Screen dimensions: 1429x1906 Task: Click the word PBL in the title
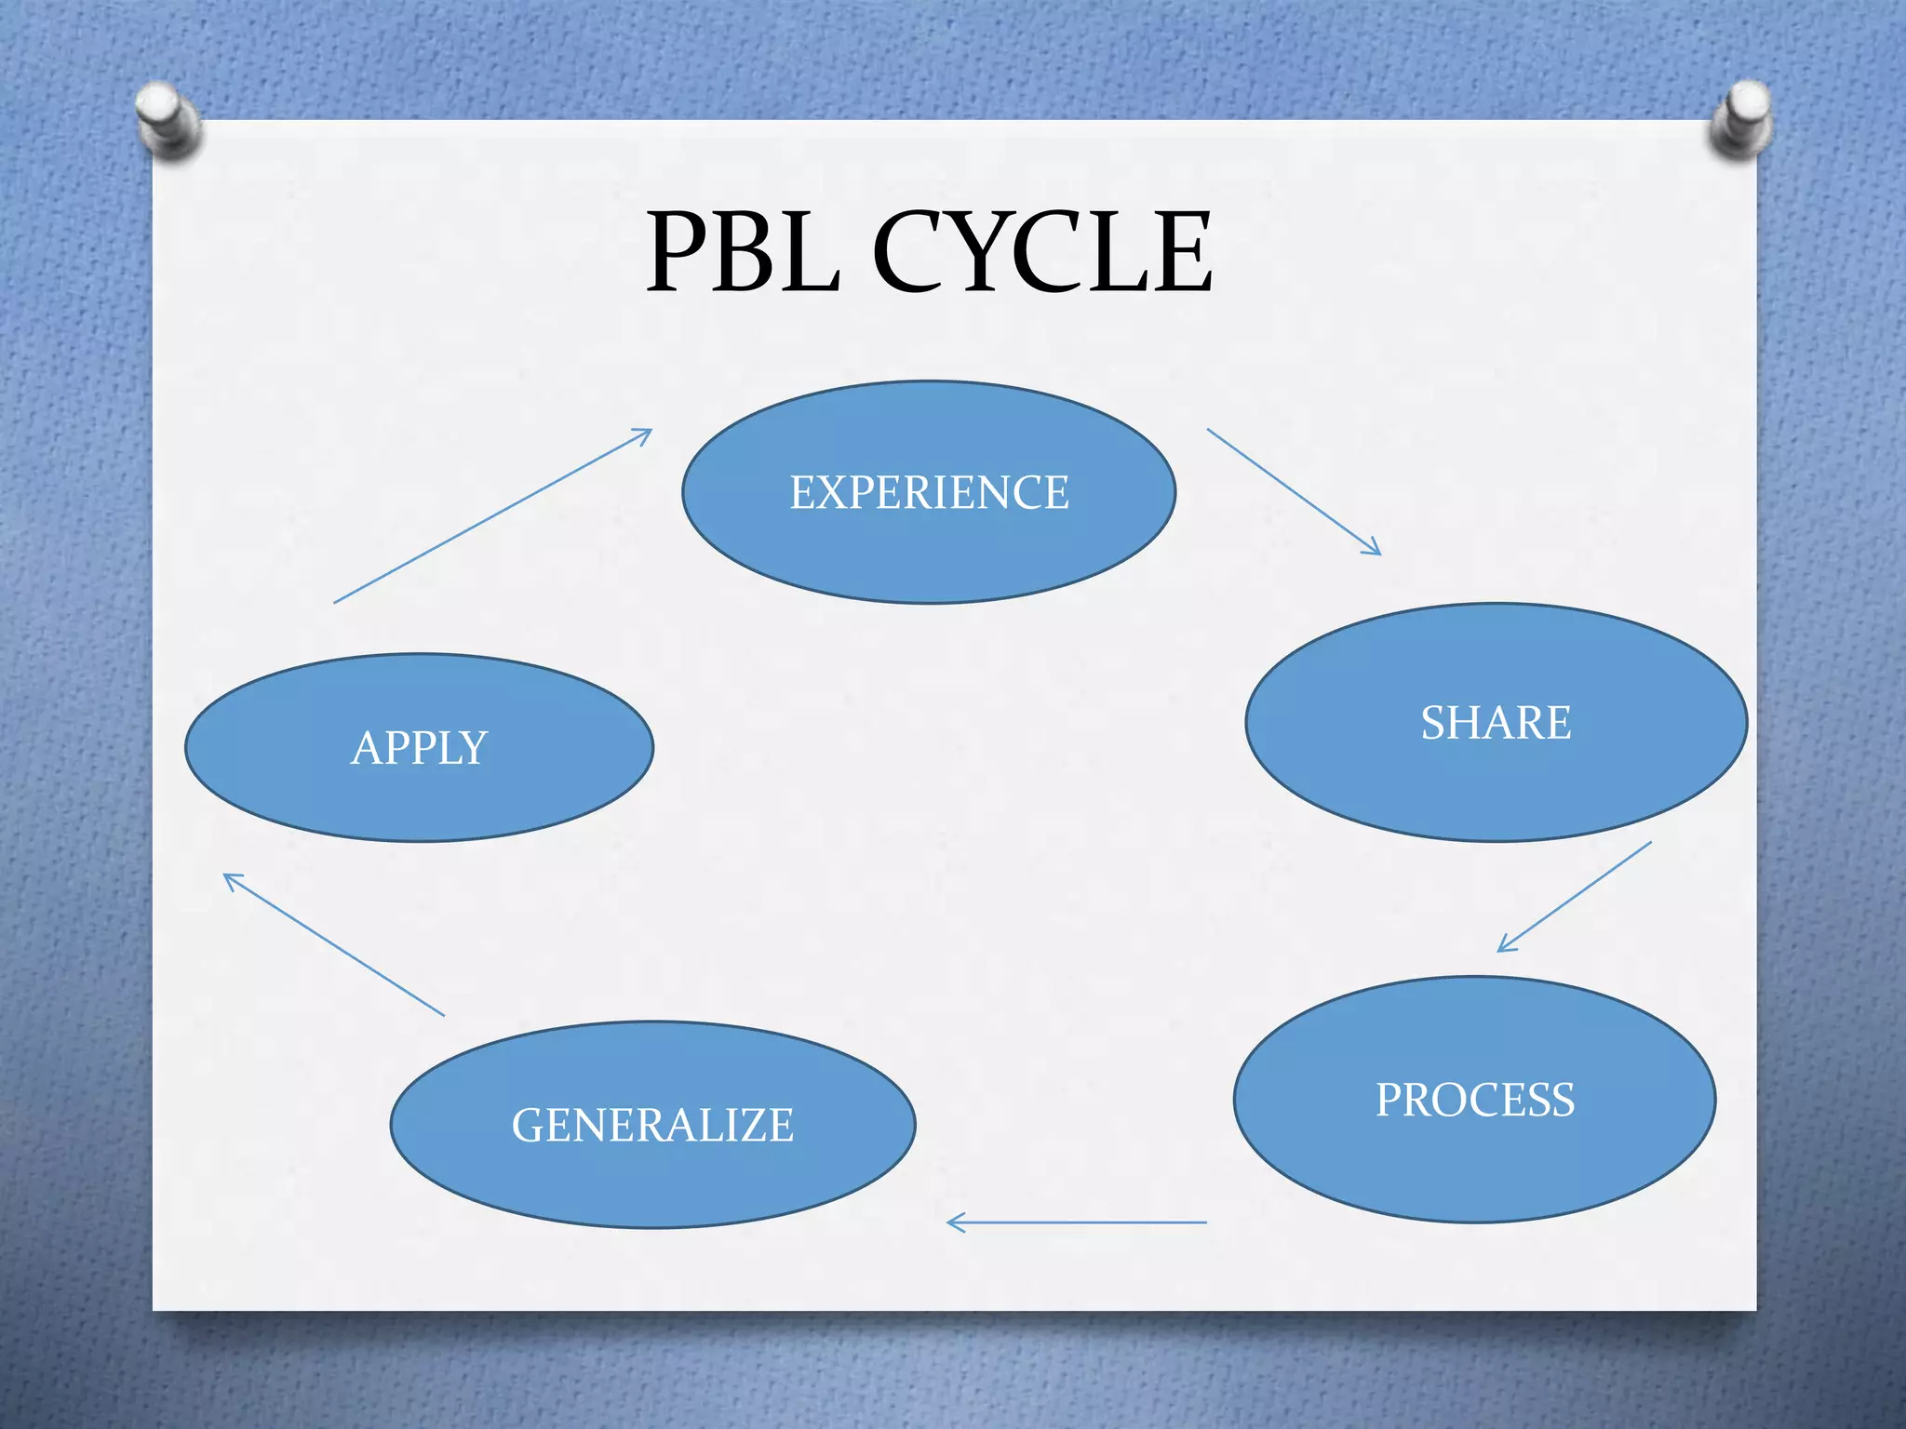coord(744,252)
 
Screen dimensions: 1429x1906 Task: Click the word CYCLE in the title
coord(1042,252)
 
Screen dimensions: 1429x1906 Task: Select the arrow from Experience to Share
coord(1294,492)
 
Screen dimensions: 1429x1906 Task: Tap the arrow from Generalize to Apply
coord(334,945)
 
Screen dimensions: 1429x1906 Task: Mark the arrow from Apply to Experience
coord(493,516)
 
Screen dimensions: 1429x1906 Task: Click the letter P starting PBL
coord(680,252)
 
